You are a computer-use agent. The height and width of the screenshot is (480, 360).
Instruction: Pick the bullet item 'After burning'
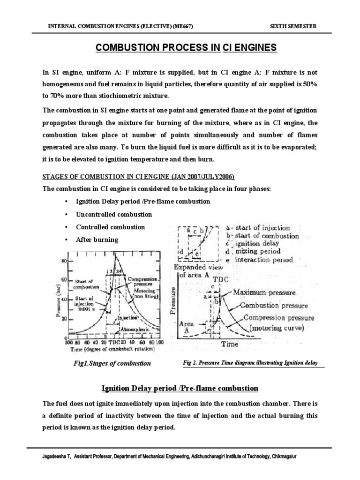coord(97,240)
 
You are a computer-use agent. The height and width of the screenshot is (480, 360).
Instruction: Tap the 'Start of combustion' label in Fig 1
coord(86,284)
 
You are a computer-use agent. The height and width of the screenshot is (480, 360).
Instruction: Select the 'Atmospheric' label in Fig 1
coord(121,330)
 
